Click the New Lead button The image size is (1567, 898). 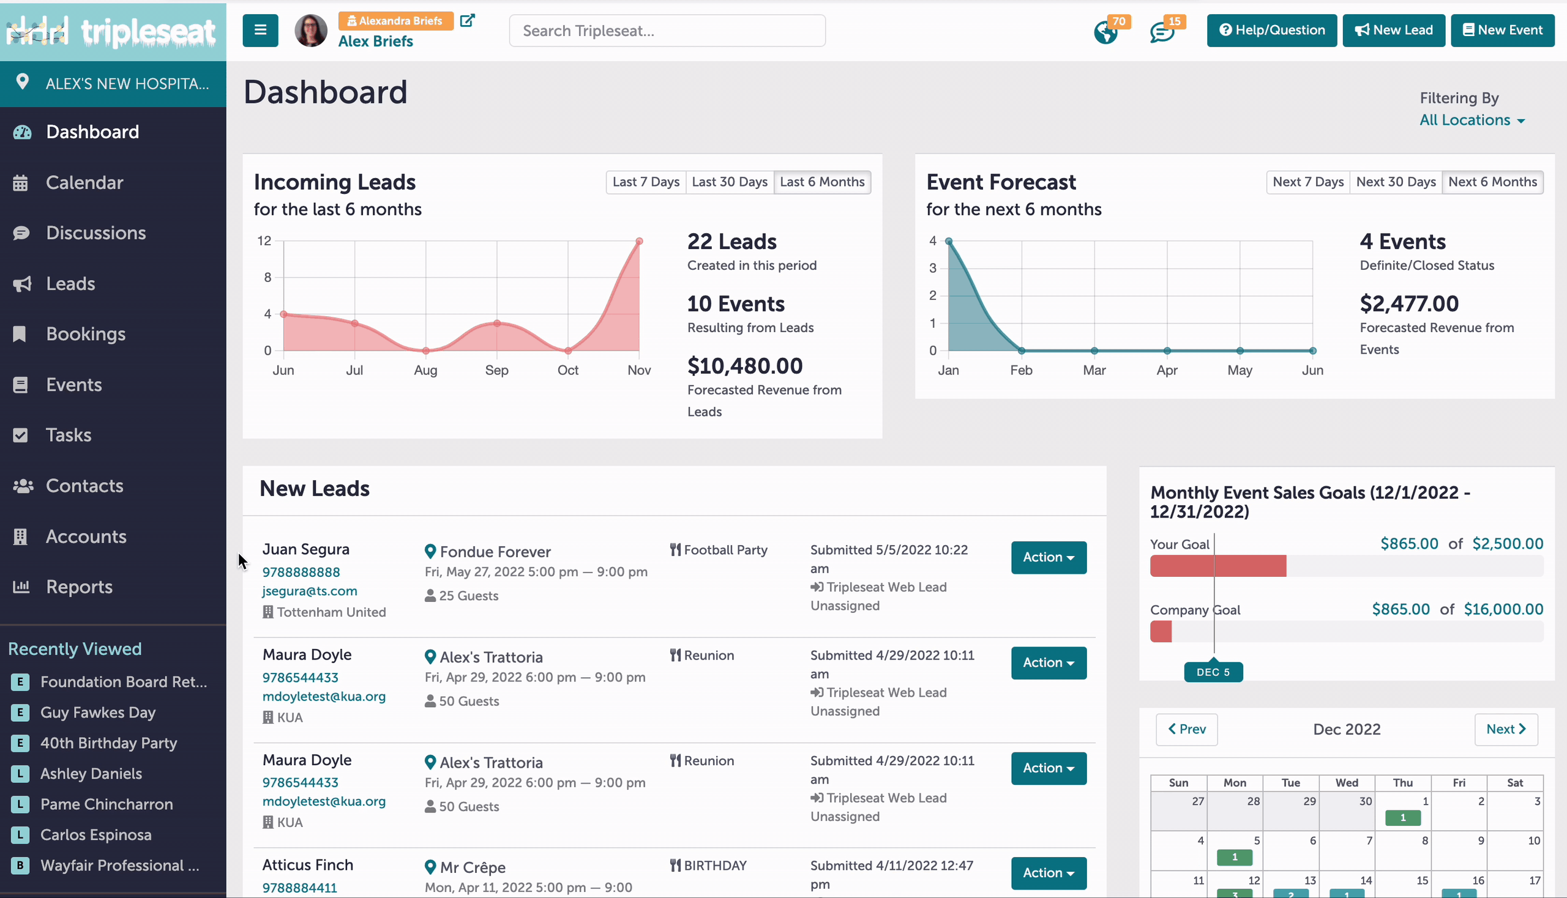pyautogui.click(x=1394, y=30)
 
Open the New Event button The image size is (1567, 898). pyautogui.click(x=1502, y=30)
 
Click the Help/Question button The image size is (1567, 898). pyautogui.click(x=1271, y=30)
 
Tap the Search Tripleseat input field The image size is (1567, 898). pyautogui.click(x=667, y=31)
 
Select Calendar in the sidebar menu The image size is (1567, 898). pyautogui.click(x=84, y=182)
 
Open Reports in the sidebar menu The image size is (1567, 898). pyautogui.click(x=79, y=587)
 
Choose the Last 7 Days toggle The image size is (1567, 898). pyautogui.click(x=646, y=182)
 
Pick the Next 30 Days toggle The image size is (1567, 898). pyautogui.click(x=1396, y=182)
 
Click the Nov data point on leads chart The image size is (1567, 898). pyautogui.click(x=640, y=241)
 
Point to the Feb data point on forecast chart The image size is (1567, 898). pyautogui.click(x=1022, y=351)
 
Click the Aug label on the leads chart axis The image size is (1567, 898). pyautogui.click(x=425, y=370)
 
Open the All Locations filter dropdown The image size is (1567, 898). pyautogui.click(x=1472, y=120)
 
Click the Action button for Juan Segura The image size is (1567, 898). pyautogui.click(x=1049, y=557)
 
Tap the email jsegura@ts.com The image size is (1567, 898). pyautogui.click(x=310, y=591)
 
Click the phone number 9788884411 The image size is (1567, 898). pyautogui.click(x=300, y=888)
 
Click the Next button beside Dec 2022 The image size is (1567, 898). pyautogui.click(x=1506, y=729)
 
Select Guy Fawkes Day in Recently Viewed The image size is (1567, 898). pyautogui.click(x=98, y=713)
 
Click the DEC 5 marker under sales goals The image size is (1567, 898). pyautogui.click(x=1213, y=672)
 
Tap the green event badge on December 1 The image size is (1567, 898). pyautogui.click(x=1403, y=818)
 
